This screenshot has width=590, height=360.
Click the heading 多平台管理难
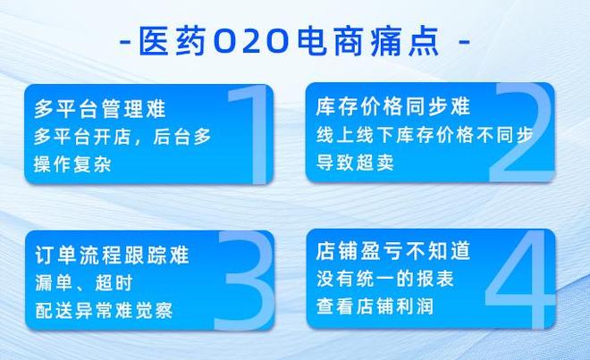click(100, 109)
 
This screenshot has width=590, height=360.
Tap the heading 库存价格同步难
click(392, 106)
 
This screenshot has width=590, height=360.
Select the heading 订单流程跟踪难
click(112, 255)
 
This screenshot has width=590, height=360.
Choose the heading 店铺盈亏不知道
click(392, 251)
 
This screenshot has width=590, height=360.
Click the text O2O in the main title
click(251, 42)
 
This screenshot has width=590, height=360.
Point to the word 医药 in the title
click(173, 41)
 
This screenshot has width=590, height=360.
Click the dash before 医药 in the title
click(126, 42)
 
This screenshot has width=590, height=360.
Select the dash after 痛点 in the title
click(464, 42)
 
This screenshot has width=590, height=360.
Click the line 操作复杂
click(72, 164)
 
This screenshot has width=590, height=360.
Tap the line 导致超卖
click(355, 163)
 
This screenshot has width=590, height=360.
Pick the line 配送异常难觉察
click(104, 311)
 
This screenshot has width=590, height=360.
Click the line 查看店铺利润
click(375, 306)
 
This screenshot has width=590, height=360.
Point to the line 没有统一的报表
click(384, 279)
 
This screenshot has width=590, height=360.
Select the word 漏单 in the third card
click(54, 283)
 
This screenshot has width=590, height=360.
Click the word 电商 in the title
click(330, 41)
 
